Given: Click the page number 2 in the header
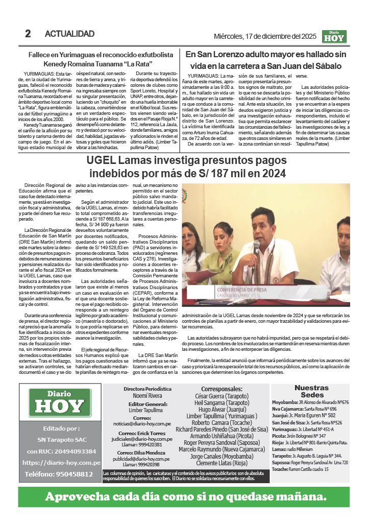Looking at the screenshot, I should pyautogui.click(x=28, y=34).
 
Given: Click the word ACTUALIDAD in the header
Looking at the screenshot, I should pyautogui.click(x=69, y=34).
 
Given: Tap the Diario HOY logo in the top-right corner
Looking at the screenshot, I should pyautogui.click(x=334, y=36).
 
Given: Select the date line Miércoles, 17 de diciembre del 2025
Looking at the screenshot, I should pyautogui.click(x=265, y=37).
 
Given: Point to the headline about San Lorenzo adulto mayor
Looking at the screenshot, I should pyautogui.click(x=266, y=59).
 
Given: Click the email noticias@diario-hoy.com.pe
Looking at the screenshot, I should pyautogui.click(x=142, y=423).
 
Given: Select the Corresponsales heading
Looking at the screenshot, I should pyautogui.click(x=222, y=389).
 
